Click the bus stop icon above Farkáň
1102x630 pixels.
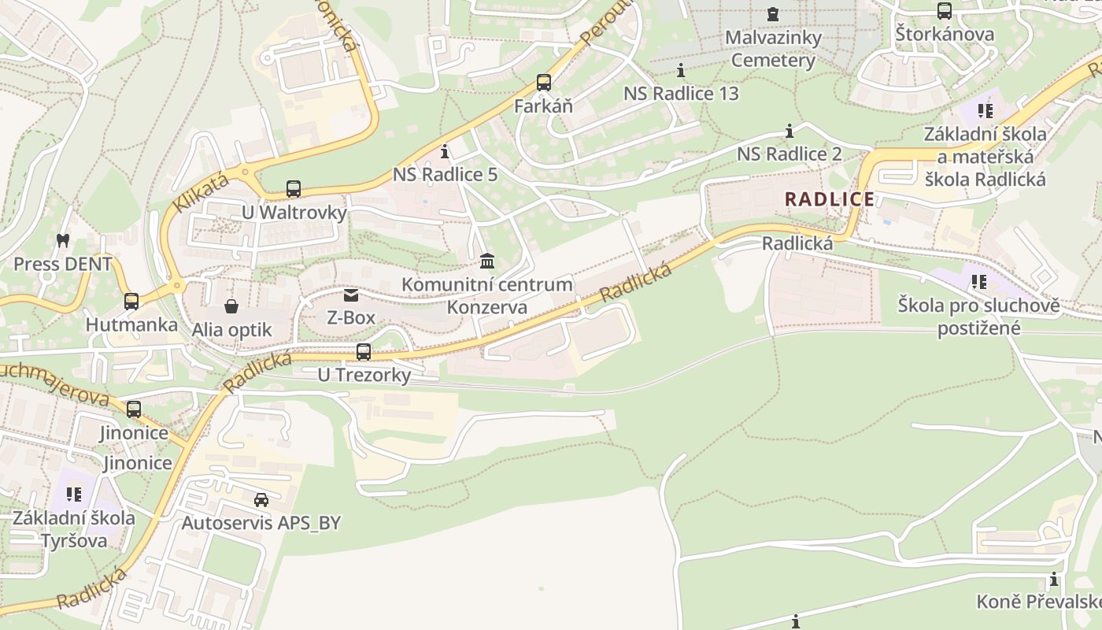point(543,82)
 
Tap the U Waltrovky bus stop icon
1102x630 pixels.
point(294,189)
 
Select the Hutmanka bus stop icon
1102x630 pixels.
point(131,301)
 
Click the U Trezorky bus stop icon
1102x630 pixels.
point(363,351)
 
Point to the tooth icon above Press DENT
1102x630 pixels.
point(63,240)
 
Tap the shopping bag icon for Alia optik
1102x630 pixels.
point(231,306)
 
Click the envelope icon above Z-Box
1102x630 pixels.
point(350,295)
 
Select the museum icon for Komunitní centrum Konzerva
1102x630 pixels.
point(487,261)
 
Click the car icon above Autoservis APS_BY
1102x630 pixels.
point(261,499)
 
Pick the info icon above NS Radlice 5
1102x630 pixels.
point(445,150)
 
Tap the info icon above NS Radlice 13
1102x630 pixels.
point(681,69)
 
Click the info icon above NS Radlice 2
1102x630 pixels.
point(790,130)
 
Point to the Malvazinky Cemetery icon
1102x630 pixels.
point(772,13)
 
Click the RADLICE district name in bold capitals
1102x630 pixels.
point(830,199)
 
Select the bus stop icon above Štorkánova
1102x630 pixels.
point(945,11)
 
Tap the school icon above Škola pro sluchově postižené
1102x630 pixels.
point(978,281)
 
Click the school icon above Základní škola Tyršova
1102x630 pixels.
point(74,495)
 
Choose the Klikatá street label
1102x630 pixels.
point(201,192)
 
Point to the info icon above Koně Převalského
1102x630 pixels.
point(1054,580)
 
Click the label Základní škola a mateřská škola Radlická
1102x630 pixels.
point(985,157)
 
